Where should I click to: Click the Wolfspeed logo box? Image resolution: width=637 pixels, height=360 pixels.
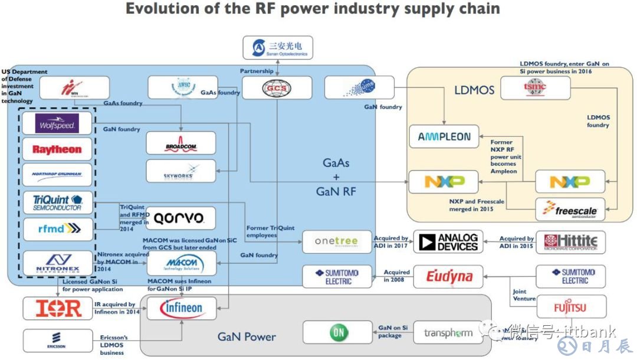57,124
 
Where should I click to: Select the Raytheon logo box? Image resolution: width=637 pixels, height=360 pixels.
57,149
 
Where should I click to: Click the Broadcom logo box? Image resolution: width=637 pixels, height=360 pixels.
181,143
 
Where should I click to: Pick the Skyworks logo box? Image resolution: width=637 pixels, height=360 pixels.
181,171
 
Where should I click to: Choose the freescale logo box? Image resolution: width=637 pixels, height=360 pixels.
570,210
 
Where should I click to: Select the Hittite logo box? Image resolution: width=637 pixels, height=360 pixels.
570,242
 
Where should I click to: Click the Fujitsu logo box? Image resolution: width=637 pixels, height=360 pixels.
570,307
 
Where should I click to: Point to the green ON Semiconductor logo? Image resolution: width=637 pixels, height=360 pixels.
338,332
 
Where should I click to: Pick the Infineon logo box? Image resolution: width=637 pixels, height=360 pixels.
181,307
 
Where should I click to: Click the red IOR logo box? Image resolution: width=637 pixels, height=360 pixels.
57,308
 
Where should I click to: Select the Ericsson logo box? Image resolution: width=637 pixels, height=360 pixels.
57,341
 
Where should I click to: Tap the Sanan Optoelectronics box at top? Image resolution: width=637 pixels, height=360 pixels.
277,48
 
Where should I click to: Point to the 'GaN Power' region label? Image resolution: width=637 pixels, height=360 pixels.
247,337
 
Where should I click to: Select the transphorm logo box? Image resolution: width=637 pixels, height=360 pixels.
448,333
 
